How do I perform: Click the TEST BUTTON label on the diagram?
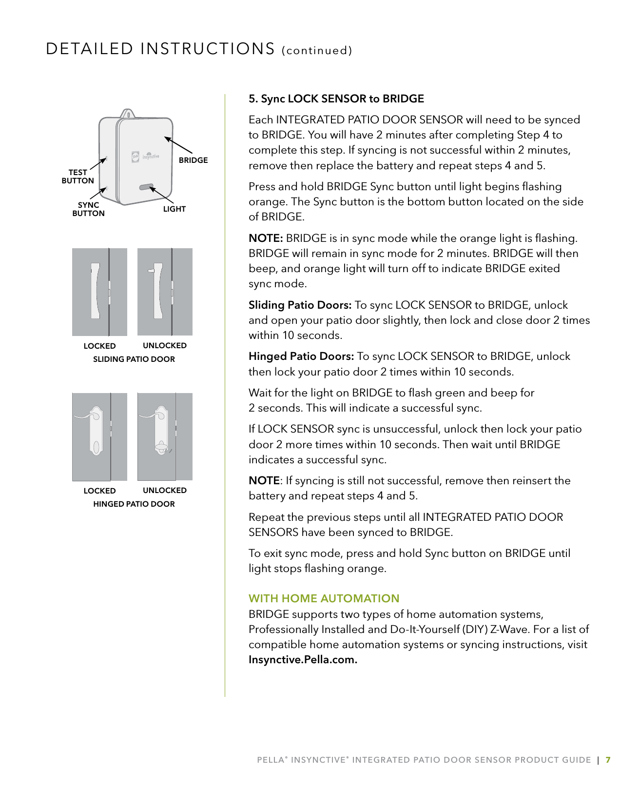[78, 177]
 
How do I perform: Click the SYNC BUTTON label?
[88, 209]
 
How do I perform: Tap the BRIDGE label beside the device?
[193, 160]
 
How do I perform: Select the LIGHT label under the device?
[174, 209]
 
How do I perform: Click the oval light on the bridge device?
[146, 187]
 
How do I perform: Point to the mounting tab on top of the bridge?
[127, 113]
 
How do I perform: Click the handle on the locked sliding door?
[95, 291]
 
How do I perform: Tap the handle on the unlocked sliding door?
[158, 291]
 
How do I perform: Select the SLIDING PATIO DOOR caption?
[134, 359]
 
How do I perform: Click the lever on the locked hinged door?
[88, 415]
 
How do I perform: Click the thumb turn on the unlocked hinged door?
[160, 447]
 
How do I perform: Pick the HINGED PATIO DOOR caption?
[134, 504]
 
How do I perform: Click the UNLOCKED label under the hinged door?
[164, 490]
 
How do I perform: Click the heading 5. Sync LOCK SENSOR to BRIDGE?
[336, 99]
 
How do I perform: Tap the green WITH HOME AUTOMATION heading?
[324, 598]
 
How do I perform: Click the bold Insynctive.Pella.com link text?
[303, 660]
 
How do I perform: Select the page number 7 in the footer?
[607, 760]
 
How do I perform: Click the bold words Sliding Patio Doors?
[300, 305]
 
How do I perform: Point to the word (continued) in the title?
[317, 50]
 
